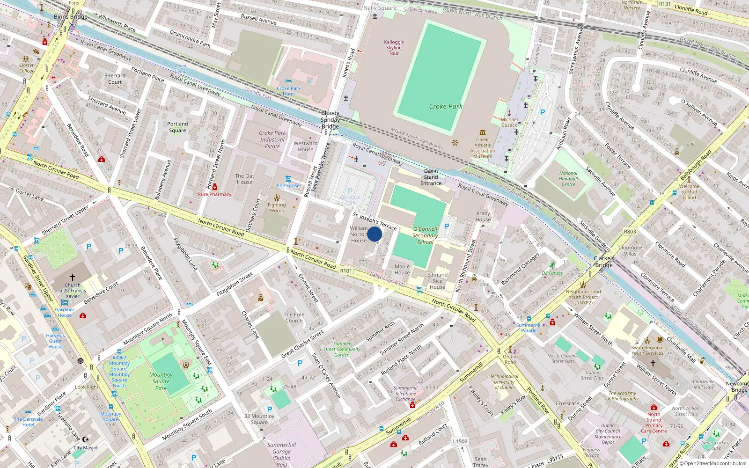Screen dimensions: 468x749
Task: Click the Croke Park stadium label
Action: point(446,106)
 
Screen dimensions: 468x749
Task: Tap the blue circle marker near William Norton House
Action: point(374,234)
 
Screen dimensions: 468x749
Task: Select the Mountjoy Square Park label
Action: point(161,381)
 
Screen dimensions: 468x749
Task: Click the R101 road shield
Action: point(346,271)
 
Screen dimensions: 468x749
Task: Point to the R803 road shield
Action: point(630,231)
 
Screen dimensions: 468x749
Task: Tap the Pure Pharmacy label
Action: point(214,194)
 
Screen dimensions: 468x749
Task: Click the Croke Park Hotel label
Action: point(288,91)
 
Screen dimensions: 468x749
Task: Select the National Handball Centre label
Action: point(568,179)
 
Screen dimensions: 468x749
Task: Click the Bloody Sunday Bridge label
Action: point(330,120)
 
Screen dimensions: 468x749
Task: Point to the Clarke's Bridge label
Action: point(604,262)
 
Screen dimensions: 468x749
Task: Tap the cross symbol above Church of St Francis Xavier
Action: point(73,278)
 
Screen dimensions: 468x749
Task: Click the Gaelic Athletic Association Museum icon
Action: point(483,132)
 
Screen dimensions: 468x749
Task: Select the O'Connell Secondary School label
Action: point(425,235)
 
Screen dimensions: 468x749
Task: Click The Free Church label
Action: point(294,318)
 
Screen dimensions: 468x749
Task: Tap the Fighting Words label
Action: point(277,207)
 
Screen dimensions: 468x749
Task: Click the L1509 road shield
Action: point(460,441)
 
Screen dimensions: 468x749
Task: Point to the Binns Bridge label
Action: point(71,17)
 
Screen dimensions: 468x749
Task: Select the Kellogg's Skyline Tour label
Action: point(394,48)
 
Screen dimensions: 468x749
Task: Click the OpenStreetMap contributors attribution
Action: point(715,463)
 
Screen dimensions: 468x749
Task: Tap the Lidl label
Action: point(691,144)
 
